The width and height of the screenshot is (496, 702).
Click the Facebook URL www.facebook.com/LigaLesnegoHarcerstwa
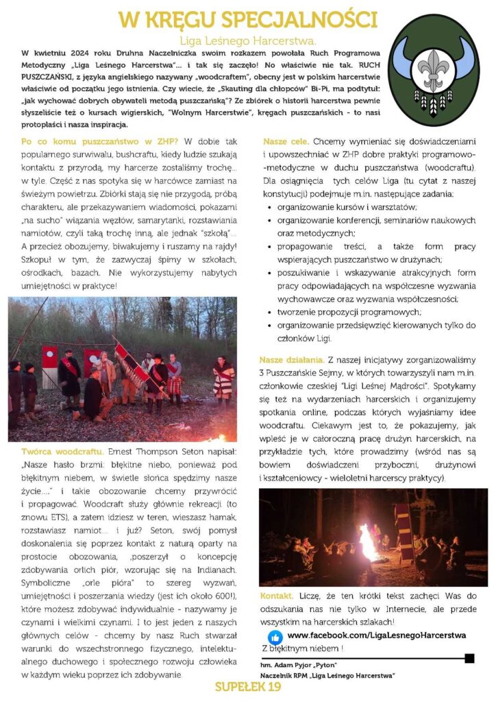[376, 636]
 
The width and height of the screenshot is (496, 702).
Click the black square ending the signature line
[469, 659]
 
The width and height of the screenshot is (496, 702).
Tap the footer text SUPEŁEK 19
[248, 688]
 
